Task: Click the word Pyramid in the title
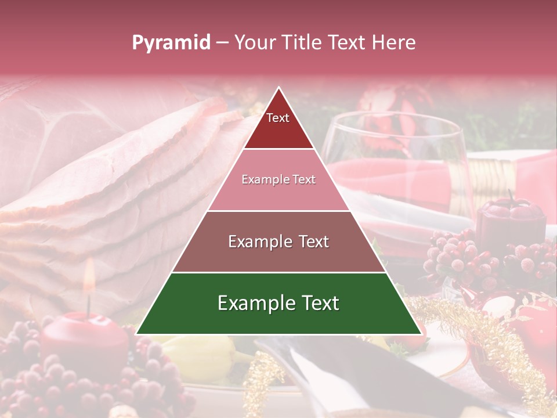tap(171, 43)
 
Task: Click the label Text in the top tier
tap(278, 118)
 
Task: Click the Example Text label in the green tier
tap(278, 303)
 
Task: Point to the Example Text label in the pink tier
tap(278, 179)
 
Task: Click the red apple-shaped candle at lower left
tap(84, 343)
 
